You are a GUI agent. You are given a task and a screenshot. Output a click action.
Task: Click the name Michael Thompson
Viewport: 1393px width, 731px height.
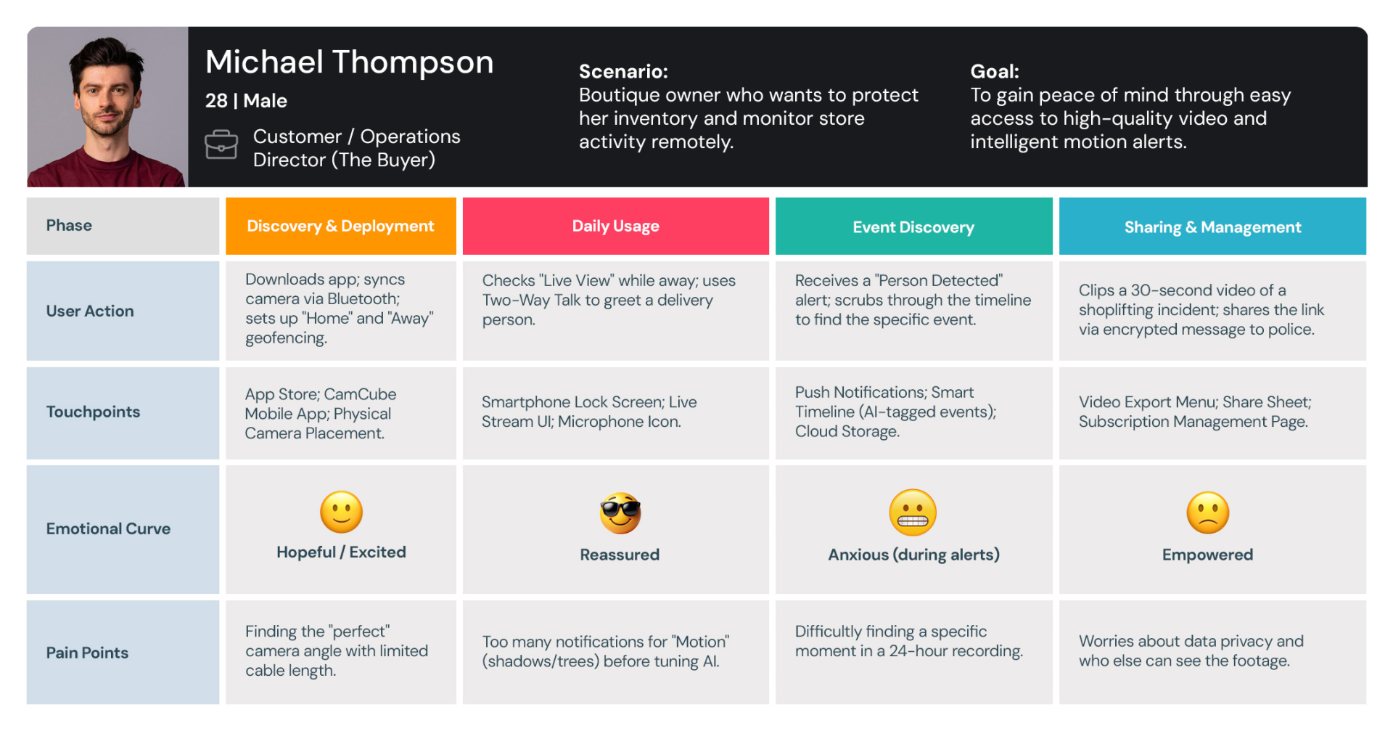click(349, 63)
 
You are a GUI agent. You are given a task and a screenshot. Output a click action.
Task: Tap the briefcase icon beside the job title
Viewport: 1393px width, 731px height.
click(221, 145)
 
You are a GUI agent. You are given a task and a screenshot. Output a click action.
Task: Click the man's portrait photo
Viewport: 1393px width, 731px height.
click(107, 107)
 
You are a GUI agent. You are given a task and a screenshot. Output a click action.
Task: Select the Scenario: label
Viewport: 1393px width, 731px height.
click(623, 72)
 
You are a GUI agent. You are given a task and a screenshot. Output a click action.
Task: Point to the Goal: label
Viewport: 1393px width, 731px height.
click(995, 72)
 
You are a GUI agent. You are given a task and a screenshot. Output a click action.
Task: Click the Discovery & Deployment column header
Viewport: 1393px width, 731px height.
click(340, 226)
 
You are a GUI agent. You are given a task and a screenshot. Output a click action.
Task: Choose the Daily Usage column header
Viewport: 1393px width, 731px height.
click(615, 226)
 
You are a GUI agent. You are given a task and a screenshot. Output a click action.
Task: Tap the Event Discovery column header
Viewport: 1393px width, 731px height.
click(913, 227)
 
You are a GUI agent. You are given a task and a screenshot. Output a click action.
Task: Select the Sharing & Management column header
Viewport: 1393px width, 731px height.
click(1212, 227)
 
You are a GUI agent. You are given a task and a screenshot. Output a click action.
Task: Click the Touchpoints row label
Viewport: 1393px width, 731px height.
click(93, 412)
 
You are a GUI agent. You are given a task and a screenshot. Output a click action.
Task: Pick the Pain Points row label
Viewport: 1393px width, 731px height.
click(87, 653)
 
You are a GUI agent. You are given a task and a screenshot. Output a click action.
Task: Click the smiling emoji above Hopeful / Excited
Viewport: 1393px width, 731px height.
click(341, 512)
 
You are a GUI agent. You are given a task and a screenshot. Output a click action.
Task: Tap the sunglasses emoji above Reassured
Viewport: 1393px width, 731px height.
click(620, 513)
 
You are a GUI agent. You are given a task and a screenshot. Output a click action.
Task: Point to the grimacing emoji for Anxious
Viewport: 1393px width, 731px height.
click(913, 512)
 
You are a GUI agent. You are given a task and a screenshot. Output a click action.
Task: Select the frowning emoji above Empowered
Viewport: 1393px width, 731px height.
click(1207, 512)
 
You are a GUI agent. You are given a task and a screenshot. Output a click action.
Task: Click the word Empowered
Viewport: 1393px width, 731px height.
click(1207, 555)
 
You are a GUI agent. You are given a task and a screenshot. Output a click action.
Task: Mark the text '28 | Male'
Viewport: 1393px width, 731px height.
click(246, 101)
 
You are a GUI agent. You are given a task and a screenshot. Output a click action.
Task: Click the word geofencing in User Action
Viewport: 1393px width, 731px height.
click(286, 338)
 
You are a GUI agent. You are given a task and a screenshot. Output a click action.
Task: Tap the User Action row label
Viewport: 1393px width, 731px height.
click(90, 311)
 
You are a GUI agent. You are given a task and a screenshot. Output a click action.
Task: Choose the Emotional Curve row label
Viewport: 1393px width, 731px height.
click(108, 529)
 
